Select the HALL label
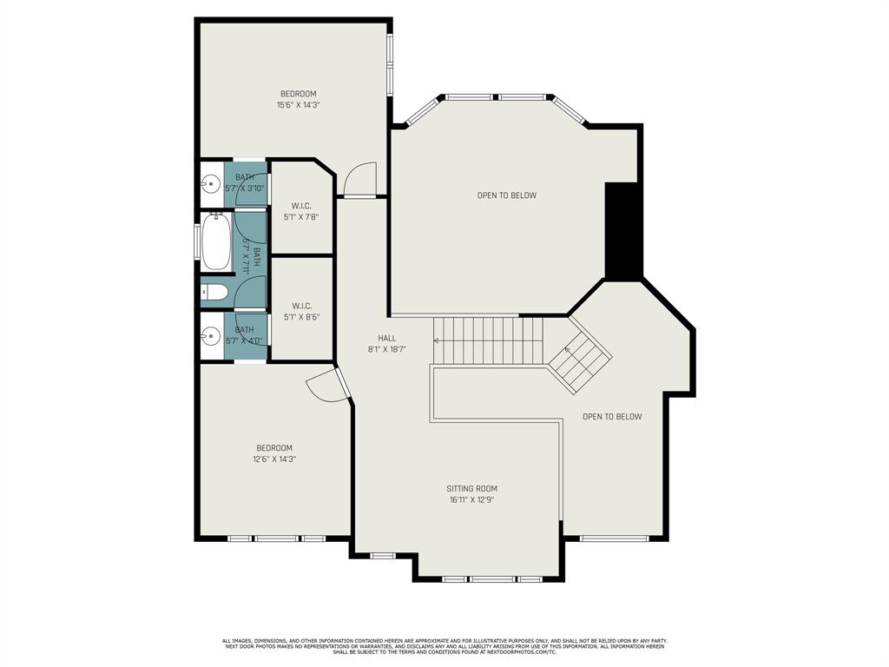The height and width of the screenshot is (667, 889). coord(386,338)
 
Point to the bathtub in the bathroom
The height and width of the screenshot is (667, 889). coord(216,242)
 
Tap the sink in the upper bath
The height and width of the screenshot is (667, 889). coord(210,184)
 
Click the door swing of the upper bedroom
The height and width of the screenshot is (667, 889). coord(359,181)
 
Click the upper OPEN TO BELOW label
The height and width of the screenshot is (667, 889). coord(506,195)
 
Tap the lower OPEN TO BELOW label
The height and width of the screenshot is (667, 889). coord(612,417)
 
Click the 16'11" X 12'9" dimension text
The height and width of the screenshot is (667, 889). coord(471,499)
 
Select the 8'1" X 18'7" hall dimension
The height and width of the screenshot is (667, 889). coord(386,348)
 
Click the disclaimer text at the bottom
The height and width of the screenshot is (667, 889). coord(444,646)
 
